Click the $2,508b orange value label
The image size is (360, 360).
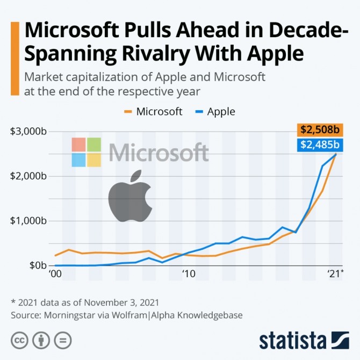(320, 129)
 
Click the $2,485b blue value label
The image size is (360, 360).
(320, 144)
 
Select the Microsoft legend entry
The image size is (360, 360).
(154, 112)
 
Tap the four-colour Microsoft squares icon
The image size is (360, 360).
(86, 152)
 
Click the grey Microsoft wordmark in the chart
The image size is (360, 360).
(159, 153)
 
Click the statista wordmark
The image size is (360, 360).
(293, 341)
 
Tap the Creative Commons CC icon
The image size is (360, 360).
(20, 341)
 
